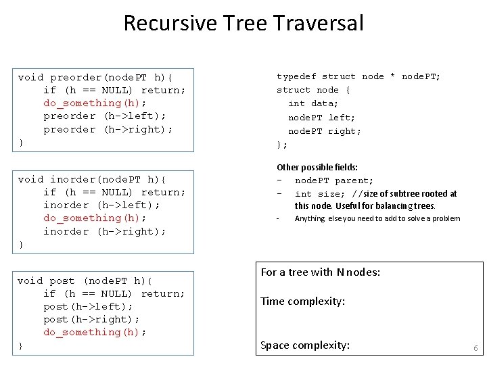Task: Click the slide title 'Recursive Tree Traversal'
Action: tap(243, 24)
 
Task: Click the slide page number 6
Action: tap(476, 348)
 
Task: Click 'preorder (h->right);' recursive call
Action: tap(108, 129)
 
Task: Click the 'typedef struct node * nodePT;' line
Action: tap(358, 77)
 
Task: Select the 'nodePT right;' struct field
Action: tap(325, 131)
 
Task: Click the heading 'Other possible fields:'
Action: tap(317, 167)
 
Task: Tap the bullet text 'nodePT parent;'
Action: tap(333, 180)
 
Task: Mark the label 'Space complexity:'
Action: tap(305, 345)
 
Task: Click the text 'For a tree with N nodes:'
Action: tap(320, 272)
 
